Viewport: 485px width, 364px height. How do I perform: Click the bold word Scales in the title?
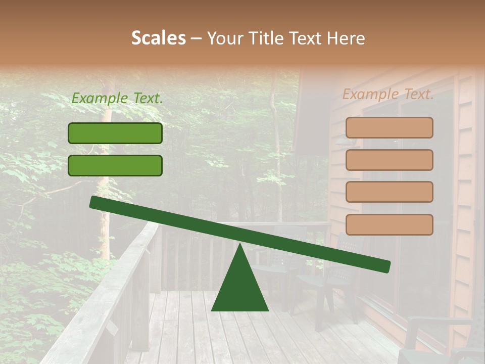point(159,38)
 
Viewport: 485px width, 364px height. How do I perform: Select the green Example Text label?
point(117,99)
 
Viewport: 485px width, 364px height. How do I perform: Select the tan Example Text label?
point(388,94)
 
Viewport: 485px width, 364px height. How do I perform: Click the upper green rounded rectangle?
point(115,133)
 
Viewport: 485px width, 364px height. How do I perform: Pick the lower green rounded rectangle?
point(115,165)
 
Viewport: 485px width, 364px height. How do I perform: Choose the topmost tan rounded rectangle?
point(389,127)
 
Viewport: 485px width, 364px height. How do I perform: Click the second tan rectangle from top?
point(389,160)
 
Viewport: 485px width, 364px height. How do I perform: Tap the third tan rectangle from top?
point(389,192)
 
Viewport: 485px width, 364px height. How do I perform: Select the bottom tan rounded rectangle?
point(389,224)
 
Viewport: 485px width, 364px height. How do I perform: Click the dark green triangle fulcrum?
point(240,288)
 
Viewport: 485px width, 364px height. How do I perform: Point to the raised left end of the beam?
point(94,202)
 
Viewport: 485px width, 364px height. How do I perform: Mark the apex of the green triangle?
point(240,245)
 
